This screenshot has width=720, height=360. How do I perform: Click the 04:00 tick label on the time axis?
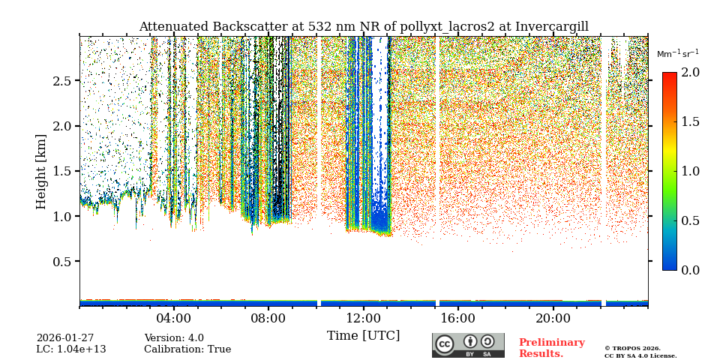pos(174,318)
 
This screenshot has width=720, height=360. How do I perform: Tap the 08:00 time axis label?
pos(268,318)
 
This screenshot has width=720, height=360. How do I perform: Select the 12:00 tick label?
pos(363,318)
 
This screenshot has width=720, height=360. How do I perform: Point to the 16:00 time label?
pos(458,318)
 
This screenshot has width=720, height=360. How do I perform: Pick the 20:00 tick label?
pos(553,318)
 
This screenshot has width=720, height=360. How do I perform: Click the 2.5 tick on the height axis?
pos(61,81)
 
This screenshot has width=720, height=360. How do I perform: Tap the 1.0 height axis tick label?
pos(61,217)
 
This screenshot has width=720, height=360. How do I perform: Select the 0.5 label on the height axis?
pos(61,262)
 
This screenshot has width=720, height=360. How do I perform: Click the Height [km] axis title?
pos(41,172)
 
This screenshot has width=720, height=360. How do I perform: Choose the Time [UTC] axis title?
pos(363,336)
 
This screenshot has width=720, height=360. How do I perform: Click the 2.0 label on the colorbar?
pos(690,73)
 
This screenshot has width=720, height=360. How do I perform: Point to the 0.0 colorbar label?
pos(690,270)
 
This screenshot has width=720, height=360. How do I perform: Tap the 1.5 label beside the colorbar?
pos(690,122)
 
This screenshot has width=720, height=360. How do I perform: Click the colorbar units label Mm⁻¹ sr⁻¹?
pos(677,54)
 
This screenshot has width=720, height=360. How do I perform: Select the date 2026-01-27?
pos(65,338)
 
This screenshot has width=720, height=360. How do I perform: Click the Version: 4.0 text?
pos(174,338)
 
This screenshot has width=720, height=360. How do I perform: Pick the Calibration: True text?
pos(187,349)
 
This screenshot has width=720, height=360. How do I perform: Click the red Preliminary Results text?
pos(551,348)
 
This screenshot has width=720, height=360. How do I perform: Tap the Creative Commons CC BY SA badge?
pos(468,345)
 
